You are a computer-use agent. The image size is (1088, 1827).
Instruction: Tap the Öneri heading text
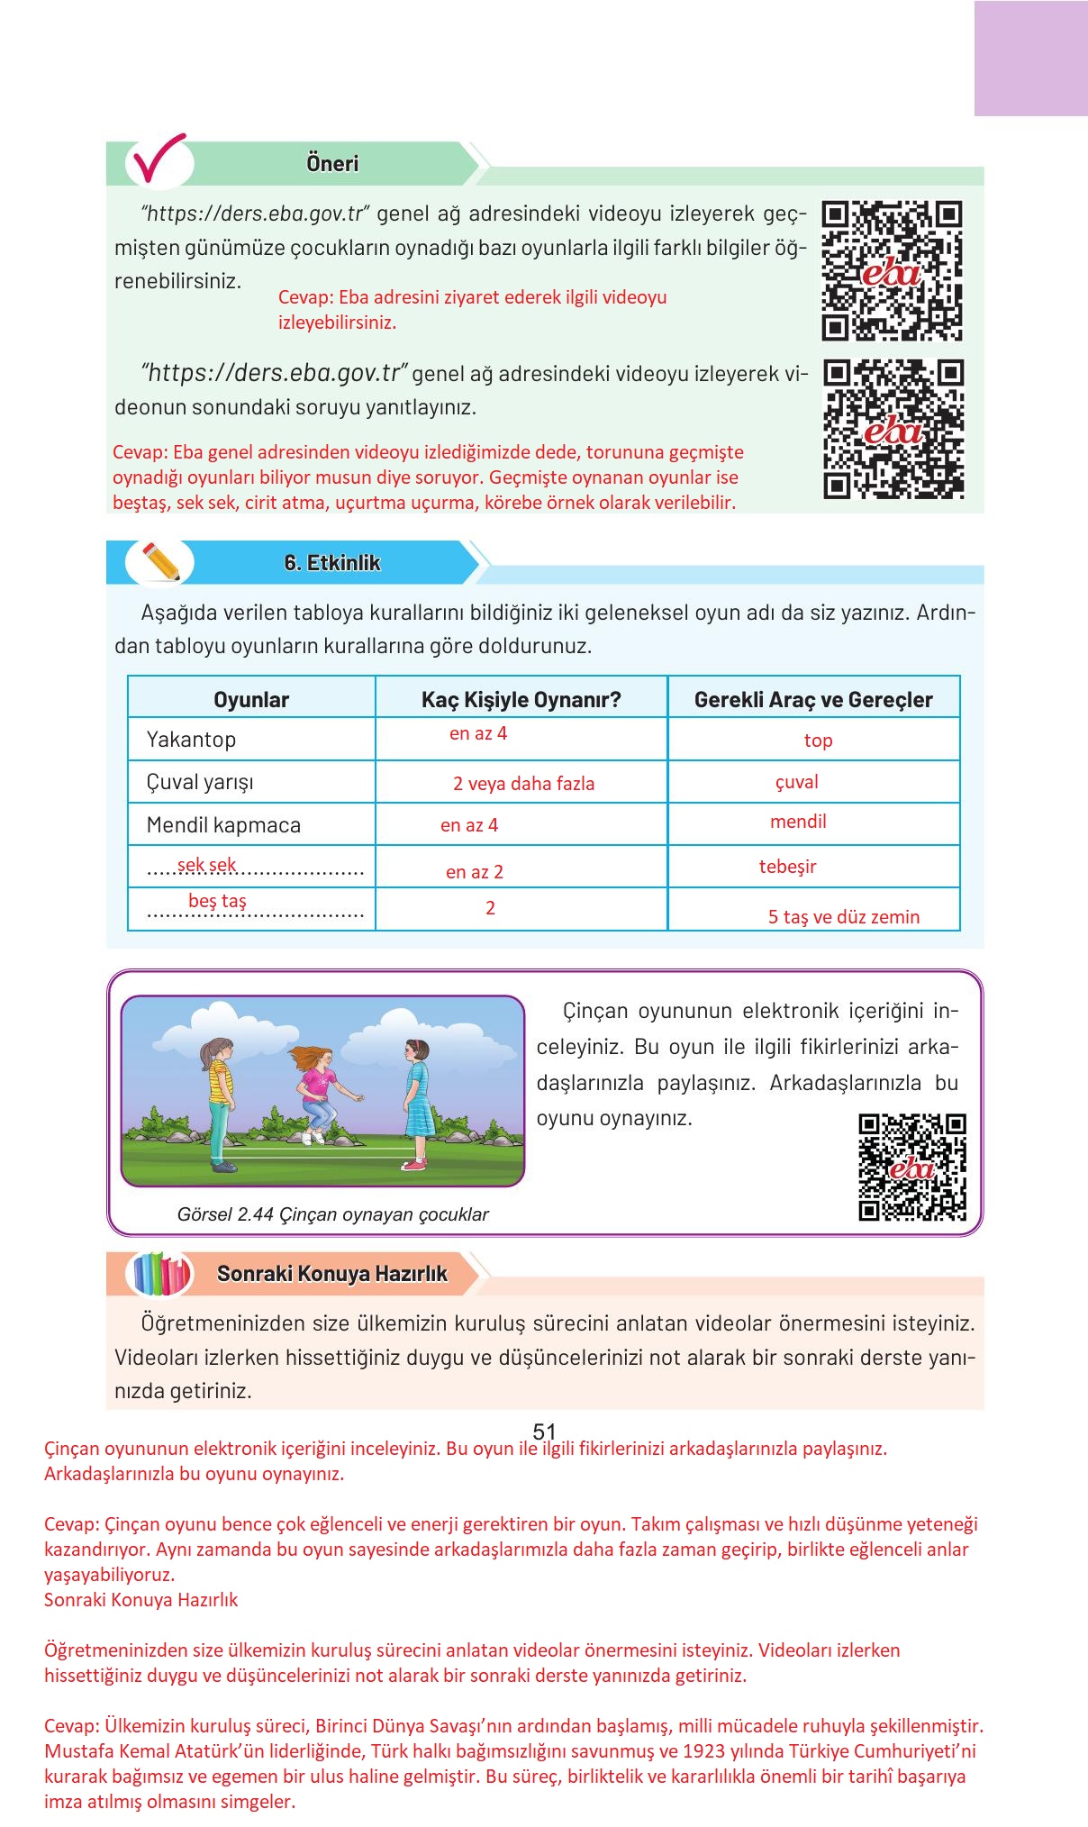click(332, 164)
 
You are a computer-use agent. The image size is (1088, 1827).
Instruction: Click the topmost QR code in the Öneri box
click(892, 270)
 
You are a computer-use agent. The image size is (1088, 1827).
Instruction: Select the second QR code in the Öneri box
click(893, 429)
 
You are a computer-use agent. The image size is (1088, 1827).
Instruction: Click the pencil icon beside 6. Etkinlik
click(160, 561)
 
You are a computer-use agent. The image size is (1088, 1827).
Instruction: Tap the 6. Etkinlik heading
click(332, 563)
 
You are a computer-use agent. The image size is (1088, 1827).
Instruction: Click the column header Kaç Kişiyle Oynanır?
click(521, 700)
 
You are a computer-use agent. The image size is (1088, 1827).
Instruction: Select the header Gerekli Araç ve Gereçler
click(813, 700)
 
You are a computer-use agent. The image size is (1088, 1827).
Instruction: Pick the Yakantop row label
click(191, 740)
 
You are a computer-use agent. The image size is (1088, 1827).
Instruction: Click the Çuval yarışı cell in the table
click(200, 782)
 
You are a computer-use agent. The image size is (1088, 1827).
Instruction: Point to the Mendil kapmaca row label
click(223, 825)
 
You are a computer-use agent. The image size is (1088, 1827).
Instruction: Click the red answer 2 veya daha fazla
click(523, 784)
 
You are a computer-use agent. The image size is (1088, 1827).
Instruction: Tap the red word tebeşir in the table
click(787, 867)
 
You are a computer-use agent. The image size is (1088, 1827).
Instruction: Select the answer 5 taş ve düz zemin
click(843, 917)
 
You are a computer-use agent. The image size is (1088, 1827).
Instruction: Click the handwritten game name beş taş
click(217, 901)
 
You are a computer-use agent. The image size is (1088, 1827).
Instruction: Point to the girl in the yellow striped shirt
click(221, 1101)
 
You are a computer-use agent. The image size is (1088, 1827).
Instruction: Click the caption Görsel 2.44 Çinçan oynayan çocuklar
click(332, 1214)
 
